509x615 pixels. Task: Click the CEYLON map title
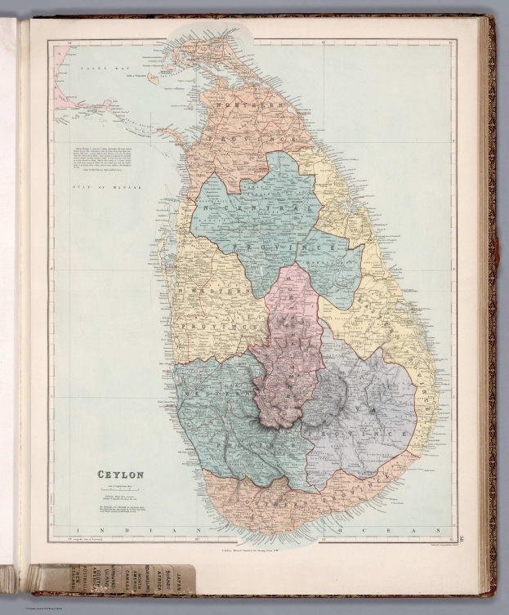point(121,474)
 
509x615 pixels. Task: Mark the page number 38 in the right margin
point(462,537)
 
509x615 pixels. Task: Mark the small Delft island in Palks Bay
point(153,78)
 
